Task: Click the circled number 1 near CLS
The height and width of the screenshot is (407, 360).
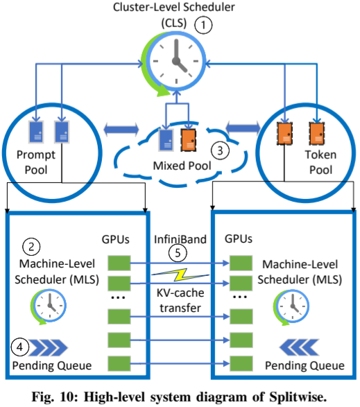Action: (203, 25)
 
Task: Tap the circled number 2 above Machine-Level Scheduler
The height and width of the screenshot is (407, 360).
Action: (31, 247)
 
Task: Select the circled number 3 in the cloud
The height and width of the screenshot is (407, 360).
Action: (220, 150)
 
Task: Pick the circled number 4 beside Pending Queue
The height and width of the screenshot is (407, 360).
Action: (19, 347)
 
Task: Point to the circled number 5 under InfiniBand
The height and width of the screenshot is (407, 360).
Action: (178, 253)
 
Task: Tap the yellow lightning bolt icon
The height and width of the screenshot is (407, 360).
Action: (180, 275)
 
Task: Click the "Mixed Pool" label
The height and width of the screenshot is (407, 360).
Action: (182, 166)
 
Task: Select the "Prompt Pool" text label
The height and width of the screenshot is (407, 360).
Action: (36, 162)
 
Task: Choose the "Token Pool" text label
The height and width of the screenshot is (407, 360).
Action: (320, 162)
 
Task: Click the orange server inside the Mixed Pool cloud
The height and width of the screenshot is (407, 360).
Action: (188, 140)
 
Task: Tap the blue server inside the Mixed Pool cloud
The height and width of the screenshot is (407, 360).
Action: (166, 140)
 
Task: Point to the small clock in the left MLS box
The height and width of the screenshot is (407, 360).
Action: (49, 306)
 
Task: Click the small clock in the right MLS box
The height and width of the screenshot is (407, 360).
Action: (291, 307)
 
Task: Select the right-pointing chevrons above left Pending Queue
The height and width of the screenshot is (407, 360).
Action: (48, 347)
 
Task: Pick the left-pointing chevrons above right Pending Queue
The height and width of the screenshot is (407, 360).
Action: (299, 347)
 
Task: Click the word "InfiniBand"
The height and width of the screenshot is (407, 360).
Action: (180, 239)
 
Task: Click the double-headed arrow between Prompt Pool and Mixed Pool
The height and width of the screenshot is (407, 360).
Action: (121, 129)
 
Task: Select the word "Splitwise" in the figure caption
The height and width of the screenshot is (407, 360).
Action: (298, 397)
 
